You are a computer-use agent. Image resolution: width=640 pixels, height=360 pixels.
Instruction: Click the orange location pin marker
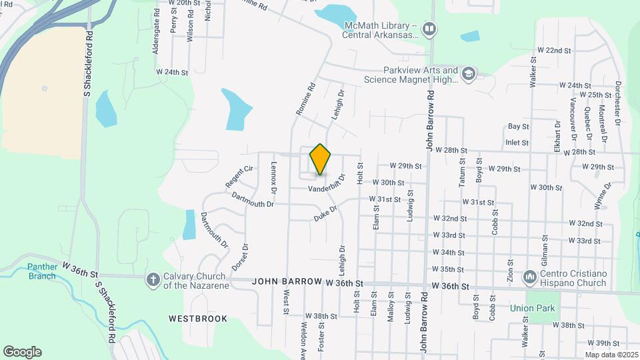pos(320,159)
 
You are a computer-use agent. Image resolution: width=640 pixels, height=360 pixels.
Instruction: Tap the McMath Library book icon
pos(430,29)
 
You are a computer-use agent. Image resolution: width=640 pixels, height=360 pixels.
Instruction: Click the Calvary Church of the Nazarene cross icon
pos(153,279)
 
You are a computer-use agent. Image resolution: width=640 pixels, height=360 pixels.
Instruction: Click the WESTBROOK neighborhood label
pos(198,319)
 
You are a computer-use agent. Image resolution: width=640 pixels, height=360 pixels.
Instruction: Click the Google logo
pos(22,352)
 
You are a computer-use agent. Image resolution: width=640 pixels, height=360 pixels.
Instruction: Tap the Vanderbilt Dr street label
pos(327,185)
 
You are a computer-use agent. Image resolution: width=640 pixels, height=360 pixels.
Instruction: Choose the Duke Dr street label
pos(327,214)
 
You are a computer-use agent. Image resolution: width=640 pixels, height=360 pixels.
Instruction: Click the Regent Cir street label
pos(240,177)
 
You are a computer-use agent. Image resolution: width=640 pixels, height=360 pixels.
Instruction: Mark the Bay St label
pos(518,126)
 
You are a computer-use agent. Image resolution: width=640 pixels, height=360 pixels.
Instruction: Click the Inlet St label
pos(517,142)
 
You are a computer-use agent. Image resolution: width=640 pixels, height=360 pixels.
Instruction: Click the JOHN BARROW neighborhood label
pos(287,282)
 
